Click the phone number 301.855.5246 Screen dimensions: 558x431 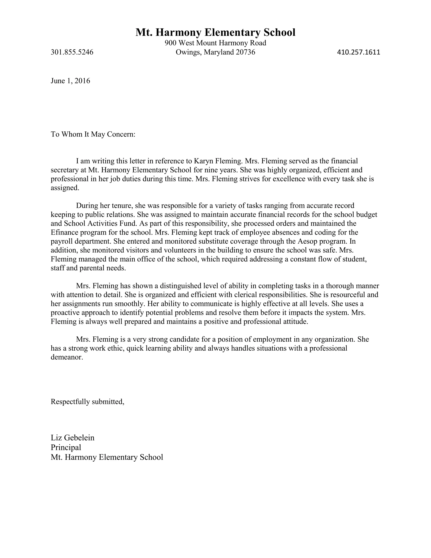click(72, 52)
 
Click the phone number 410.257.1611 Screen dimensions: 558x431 click(358, 52)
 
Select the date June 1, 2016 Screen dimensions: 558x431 click(71, 81)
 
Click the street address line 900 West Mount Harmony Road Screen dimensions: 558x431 click(215, 43)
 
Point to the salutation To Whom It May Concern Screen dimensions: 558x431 click(93, 134)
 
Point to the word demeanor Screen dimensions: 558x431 click(67, 357)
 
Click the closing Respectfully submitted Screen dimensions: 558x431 click(88, 402)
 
